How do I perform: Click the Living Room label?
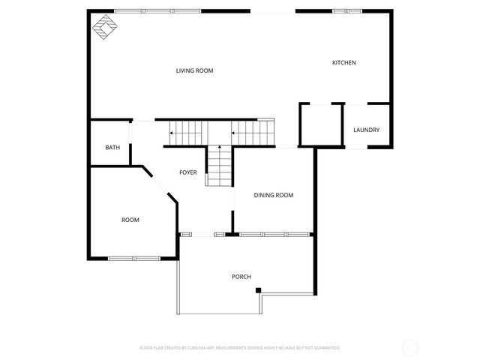pyautogui.click(x=195, y=71)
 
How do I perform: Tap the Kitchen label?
pyautogui.click(x=344, y=62)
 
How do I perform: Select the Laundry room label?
pyautogui.click(x=366, y=130)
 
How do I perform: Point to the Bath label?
pyautogui.click(x=112, y=148)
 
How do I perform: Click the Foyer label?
pyautogui.click(x=187, y=172)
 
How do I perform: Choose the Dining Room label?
pyautogui.click(x=273, y=196)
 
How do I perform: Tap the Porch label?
pyautogui.click(x=241, y=277)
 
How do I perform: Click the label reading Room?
pyautogui.click(x=130, y=220)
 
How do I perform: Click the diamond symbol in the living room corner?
pyautogui.click(x=103, y=28)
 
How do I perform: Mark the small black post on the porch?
pyautogui.click(x=258, y=290)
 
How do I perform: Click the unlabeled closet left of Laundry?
pyautogui.click(x=321, y=125)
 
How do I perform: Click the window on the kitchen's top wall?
pyautogui.click(x=345, y=11)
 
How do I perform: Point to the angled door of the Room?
pyautogui.click(x=160, y=186)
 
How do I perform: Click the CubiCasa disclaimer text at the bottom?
pyautogui.click(x=240, y=348)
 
